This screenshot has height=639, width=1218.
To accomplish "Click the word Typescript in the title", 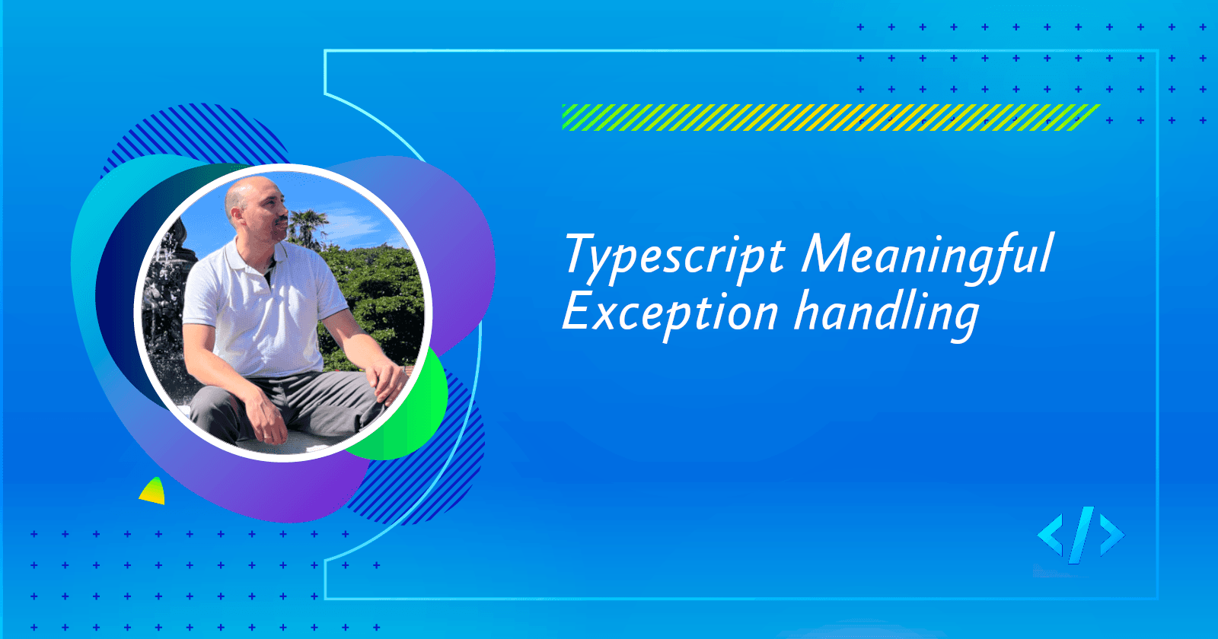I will (674, 256).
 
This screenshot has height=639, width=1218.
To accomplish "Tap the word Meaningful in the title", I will (927, 255).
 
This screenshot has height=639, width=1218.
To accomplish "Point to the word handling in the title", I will (886, 313).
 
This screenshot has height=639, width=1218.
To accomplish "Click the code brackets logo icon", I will (1080, 535).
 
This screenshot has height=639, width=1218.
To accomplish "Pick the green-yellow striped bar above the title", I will (830, 117).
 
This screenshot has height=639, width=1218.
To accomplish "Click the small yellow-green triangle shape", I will (153, 492).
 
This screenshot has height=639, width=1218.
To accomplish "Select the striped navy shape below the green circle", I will (434, 479).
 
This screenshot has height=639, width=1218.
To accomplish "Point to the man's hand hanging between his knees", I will (263, 422).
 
